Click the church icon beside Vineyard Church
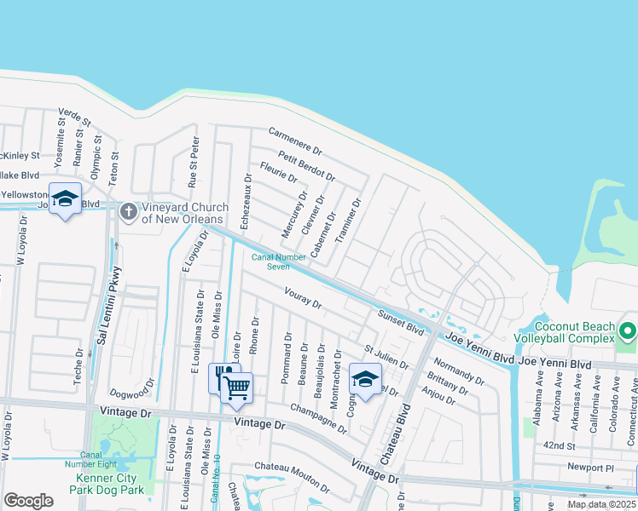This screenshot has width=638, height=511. click(129, 210)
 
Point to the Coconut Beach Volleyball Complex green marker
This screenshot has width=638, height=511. click(628, 330)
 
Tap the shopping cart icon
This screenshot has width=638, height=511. click(237, 388)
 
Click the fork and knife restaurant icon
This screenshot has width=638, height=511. click(223, 376)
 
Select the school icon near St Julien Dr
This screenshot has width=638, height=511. click(365, 380)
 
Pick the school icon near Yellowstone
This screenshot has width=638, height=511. click(65, 199)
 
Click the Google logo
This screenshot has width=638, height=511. click(28, 501)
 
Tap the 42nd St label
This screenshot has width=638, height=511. click(560, 445)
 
